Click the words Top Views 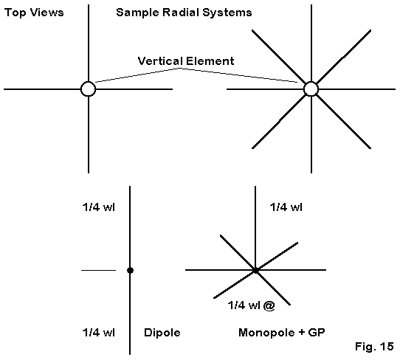click(x=34, y=13)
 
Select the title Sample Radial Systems click(x=184, y=13)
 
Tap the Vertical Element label click(x=186, y=61)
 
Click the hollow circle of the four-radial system click(x=89, y=82)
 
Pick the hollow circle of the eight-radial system click(x=311, y=82)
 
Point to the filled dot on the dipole click(x=130, y=270)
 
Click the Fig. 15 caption click(x=374, y=347)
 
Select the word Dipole click(x=162, y=333)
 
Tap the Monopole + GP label click(x=282, y=333)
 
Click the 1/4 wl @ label click(x=251, y=305)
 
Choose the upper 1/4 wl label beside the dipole click(x=98, y=207)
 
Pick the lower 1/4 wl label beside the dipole click(x=98, y=333)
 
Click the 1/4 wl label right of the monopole click(x=286, y=207)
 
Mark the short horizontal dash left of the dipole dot click(x=98, y=270)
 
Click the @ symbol click(x=269, y=305)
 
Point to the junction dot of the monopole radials click(x=255, y=270)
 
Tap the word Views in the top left click(x=47, y=13)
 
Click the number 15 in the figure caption click(x=387, y=347)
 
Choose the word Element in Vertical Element click(x=210, y=61)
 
